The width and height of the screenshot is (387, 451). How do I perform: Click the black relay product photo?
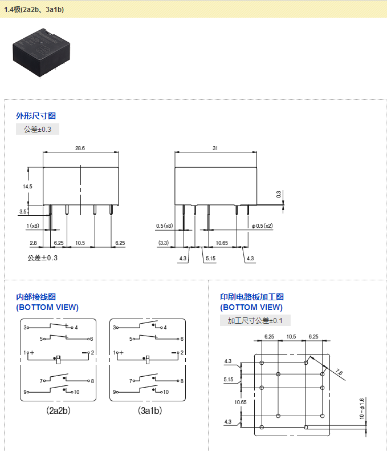(42, 53)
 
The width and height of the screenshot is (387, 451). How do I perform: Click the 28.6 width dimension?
(80, 148)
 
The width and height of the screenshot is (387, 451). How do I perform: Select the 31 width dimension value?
(215, 148)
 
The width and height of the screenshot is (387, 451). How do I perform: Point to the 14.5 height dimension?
(27, 186)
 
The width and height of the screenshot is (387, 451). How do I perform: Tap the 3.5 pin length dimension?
(23, 212)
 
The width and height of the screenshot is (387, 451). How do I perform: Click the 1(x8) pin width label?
(32, 226)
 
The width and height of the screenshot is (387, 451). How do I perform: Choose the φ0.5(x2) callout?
(262, 226)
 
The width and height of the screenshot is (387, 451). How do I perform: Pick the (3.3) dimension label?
(164, 243)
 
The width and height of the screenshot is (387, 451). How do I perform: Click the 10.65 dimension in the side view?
(222, 243)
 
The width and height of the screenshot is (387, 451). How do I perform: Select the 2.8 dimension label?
(33, 243)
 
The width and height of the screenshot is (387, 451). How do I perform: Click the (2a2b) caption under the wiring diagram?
(58, 410)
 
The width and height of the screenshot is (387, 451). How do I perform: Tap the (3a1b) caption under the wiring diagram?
(150, 410)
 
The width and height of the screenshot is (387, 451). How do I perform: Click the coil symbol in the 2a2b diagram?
(58, 360)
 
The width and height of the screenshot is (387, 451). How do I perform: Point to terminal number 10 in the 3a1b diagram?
(166, 392)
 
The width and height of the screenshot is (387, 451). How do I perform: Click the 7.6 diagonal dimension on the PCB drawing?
(339, 372)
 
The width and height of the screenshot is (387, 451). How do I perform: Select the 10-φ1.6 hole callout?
(362, 408)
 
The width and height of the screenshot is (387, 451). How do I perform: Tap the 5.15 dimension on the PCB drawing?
(229, 380)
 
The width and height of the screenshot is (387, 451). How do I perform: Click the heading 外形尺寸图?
(36, 116)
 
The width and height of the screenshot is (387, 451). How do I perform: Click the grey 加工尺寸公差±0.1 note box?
(255, 320)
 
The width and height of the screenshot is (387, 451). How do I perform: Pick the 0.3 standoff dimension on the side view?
(279, 195)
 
